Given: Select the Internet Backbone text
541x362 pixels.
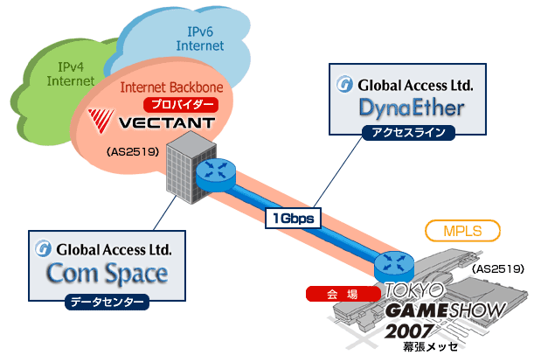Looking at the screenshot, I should click(x=171, y=88).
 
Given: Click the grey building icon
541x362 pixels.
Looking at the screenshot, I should click(x=184, y=166).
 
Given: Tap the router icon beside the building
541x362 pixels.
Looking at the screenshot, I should click(x=213, y=171).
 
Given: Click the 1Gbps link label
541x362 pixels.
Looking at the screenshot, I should click(x=295, y=217).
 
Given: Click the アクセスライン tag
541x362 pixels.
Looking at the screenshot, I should click(x=410, y=133).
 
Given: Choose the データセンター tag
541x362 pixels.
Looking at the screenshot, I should click(x=108, y=303).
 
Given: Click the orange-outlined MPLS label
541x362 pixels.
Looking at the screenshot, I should click(x=463, y=232).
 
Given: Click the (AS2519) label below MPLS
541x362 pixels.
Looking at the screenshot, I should click(x=497, y=268).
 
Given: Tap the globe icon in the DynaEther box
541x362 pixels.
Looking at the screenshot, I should click(x=344, y=87).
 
